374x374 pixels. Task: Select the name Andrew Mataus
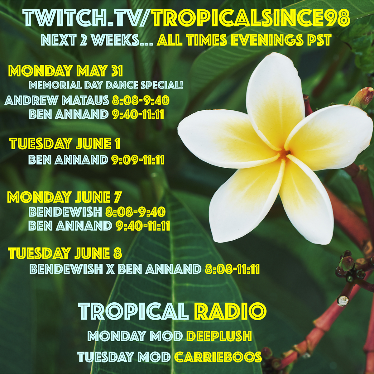coord(57,101)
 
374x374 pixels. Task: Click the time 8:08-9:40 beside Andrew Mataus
coord(141,101)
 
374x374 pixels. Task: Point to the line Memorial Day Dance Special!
coord(106,85)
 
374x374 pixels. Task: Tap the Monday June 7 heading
coord(65,197)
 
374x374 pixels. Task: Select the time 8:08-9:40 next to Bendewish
coord(135,212)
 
